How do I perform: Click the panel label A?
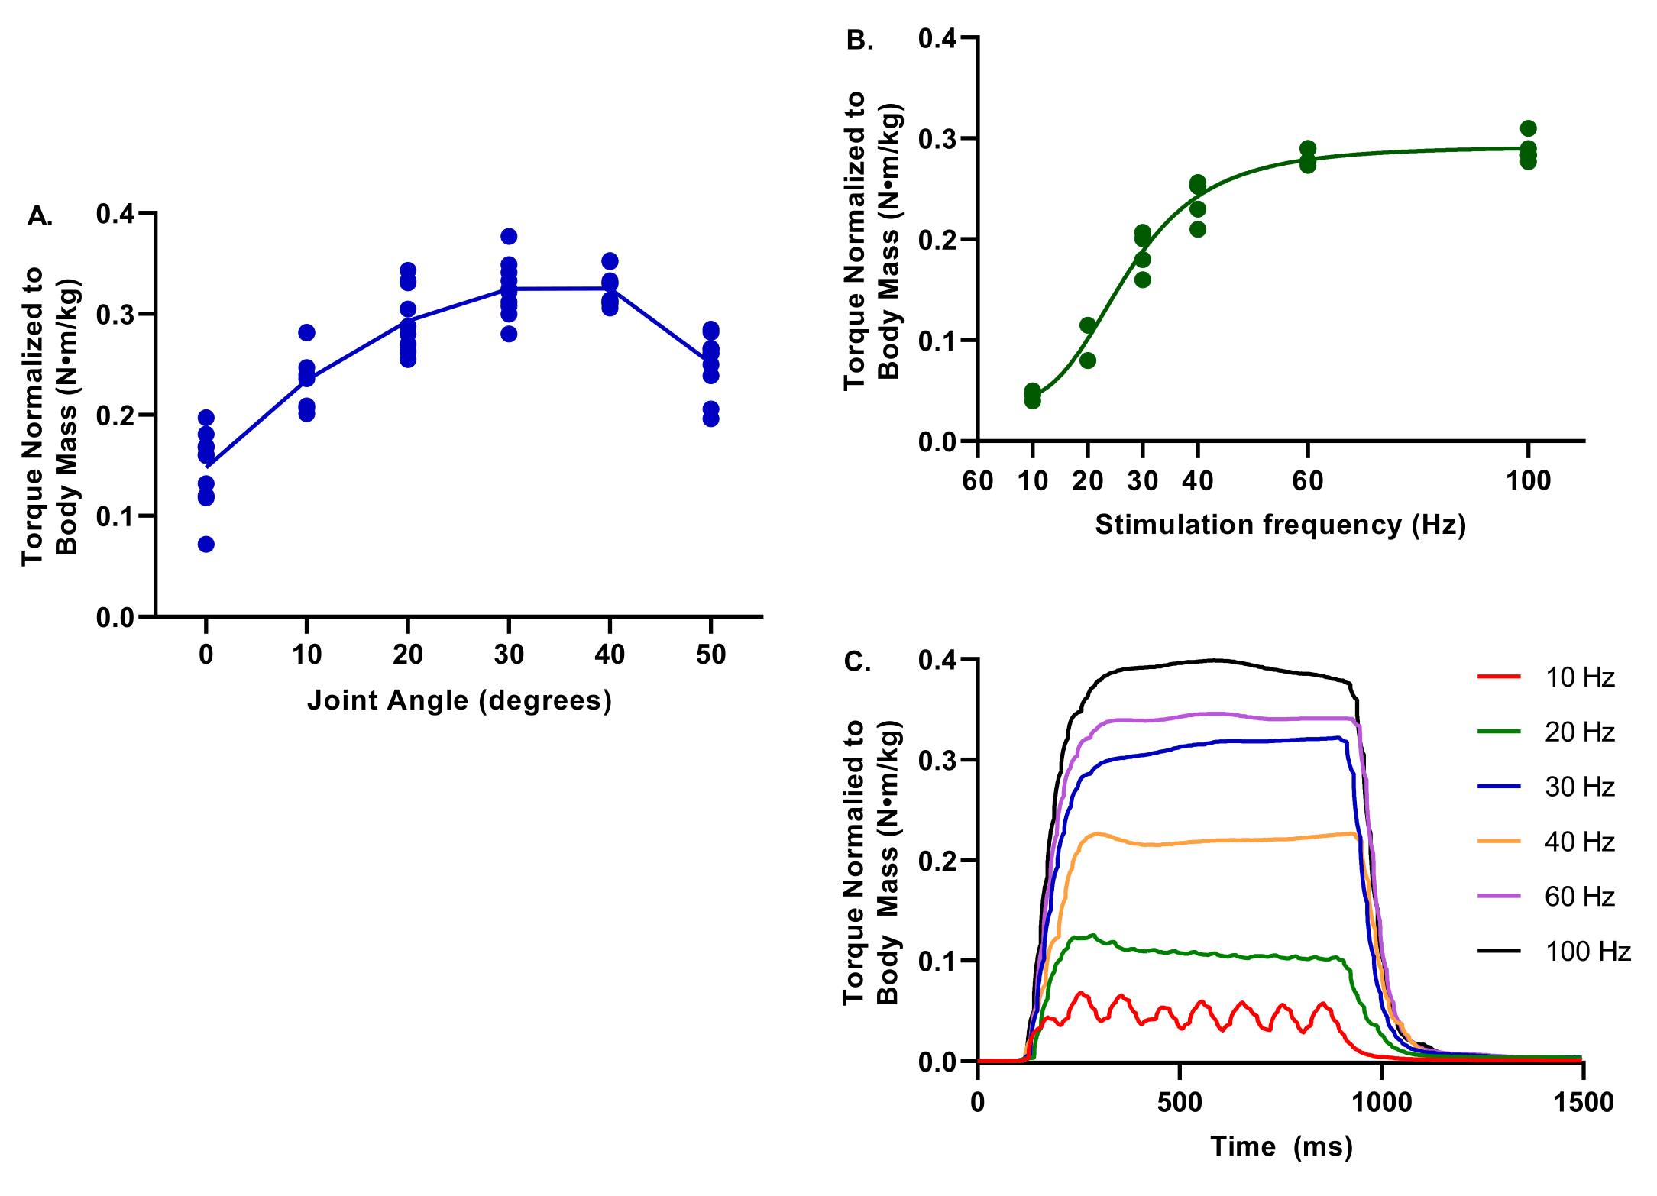tap(40, 217)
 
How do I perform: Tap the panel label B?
tap(859, 40)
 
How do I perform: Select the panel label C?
tap(857, 661)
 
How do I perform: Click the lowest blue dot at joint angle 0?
tap(206, 545)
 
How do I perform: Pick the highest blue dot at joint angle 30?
tap(509, 236)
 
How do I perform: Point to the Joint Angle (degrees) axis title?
tap(459, 700)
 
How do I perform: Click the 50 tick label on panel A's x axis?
tap(710, 655)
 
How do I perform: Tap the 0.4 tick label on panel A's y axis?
tap(115, 214)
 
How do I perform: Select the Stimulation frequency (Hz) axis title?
tap(1280, 525)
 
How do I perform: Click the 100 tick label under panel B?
tap(1528, 481)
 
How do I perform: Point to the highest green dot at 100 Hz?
tap(1528, 128)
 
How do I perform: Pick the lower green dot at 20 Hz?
tap(1088, 360)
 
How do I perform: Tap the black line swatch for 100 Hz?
tap(1499, 951)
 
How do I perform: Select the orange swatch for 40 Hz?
tap(1499, 841)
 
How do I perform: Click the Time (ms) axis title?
tap(1281, 1146)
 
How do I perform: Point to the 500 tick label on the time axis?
tap(1180, 1103)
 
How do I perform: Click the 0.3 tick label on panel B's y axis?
tap(937, 139)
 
